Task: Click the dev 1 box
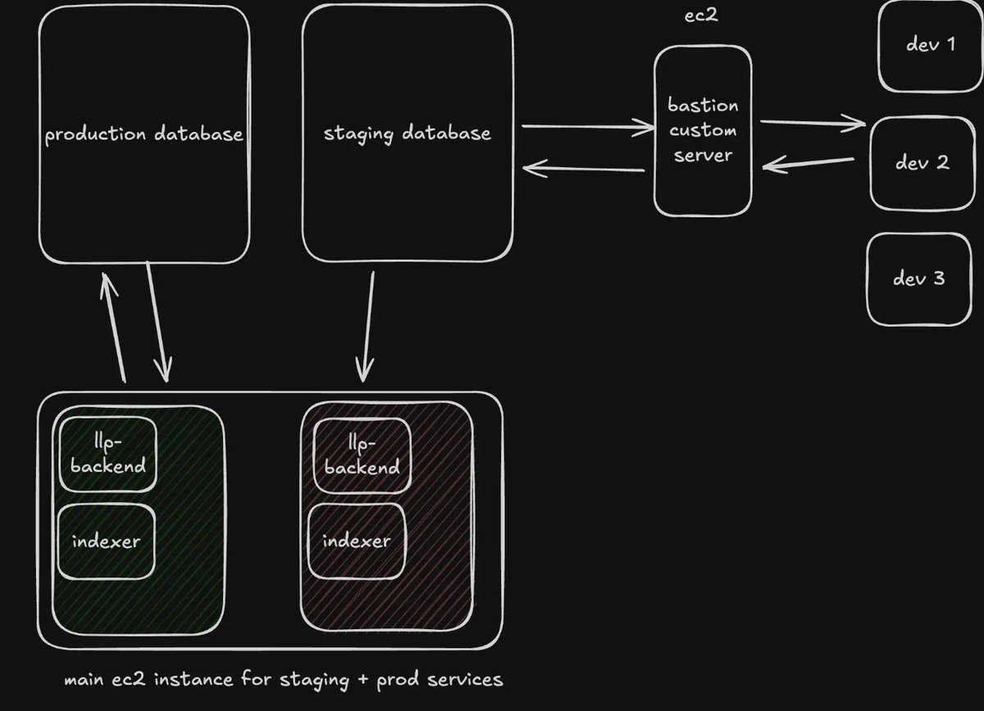[930, 45]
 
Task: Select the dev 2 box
[922, 163]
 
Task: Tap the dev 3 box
[918, 279]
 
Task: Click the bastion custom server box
[703, 131]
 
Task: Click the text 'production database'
[144, 134]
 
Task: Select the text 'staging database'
[408, 134]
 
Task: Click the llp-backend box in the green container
[107, 455]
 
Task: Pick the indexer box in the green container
[106, 541]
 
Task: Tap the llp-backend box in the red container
[362, 455]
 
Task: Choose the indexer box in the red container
[357, 541]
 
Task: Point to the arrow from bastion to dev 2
[812, 124]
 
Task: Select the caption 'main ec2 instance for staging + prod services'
[284, 680]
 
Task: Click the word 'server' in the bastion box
[703, 154]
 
